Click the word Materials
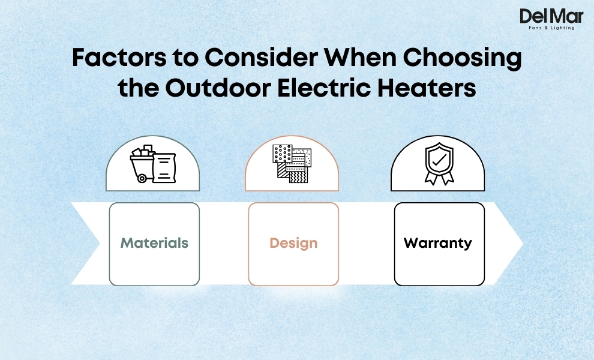pyautogui.click(x=154, y=244)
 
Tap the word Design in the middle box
pyautogui.click(x=293, y=244)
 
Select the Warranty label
pyautogui.click(x=438, y=244)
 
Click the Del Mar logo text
pyautogui.click(x=551, y=16)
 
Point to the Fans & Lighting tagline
pyautogui.click(x=551, y=28)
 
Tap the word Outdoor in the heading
pyautogui.click(x=214, y=88)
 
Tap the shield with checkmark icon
pyautogui.click(x=437, y=157)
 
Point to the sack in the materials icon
pyautogui.click(x=164, y=169)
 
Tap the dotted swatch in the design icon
pyautogui.click(x=281, y=154)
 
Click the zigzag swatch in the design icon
pyautogui.click(x=298, y=176)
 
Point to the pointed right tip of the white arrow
pyautogui.click(x=521, y=244)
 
